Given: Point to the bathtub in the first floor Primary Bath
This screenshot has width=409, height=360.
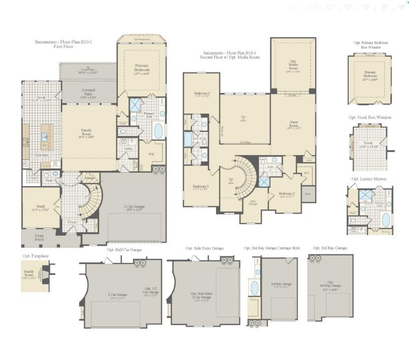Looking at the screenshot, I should click(158, 131).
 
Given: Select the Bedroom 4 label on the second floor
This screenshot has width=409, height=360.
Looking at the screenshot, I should click(201, 95).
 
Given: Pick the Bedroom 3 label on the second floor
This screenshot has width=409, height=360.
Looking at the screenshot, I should click(201, 188).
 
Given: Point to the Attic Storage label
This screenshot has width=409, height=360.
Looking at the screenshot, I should click(253, 204).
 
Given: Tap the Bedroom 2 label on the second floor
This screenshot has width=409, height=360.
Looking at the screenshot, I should click(287, 194).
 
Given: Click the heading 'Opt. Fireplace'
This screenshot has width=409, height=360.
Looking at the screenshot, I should click(35, 256).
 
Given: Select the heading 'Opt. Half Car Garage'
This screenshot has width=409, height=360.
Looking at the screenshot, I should click(125, 250).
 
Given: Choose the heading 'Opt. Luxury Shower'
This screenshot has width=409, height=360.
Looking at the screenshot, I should click(369, 179).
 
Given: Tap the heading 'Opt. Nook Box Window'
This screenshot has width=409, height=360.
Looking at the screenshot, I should click(370, 117).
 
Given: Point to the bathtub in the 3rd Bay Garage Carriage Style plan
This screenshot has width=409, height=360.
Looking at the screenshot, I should click(254, 288).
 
